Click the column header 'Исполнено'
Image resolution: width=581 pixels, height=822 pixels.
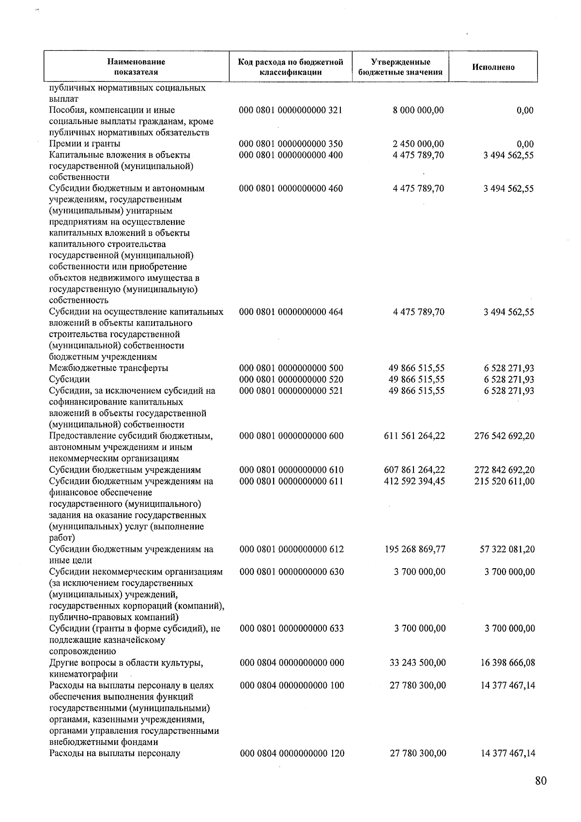[493, 67]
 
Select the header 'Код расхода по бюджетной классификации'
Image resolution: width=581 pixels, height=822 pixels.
[290, 67]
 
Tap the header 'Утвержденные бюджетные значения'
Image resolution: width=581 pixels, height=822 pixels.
[400, 67]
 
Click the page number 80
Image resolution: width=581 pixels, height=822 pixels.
[541, 780]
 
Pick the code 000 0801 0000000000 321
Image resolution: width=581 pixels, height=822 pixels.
[290, 110]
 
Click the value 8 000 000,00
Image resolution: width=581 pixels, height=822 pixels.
[418, 110]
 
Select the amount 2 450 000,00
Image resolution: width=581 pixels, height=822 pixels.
[418, 144]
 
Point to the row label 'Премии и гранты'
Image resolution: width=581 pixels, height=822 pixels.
[85, 144]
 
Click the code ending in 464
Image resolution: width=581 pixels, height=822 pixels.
[291, 312]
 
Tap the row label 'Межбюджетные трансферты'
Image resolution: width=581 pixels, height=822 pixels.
[108, 368]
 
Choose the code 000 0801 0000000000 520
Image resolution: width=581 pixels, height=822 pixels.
[291, 379]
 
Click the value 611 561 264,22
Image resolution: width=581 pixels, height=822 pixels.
[413, 436]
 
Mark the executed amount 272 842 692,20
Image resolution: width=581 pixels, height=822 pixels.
[505, 470]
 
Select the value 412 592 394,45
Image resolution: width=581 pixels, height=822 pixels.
[413, 481]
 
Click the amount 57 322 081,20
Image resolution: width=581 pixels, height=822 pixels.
[507, 549]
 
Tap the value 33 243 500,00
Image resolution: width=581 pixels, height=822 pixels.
[417, 663]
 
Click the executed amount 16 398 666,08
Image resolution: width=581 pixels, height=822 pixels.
[507, 663]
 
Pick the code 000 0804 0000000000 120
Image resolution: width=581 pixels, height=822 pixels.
[292, 753]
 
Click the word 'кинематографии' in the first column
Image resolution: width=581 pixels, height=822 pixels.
[83, 674]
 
